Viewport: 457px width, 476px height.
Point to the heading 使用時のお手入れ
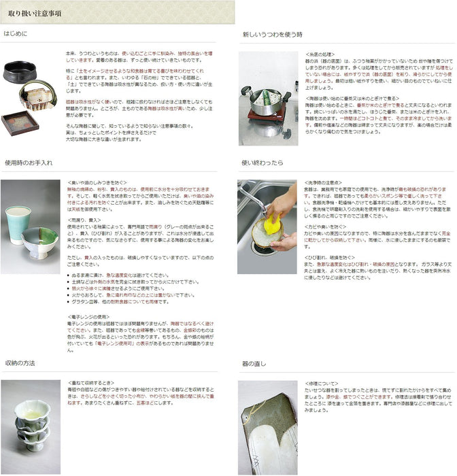[29, 163]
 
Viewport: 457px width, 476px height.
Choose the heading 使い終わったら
[262, 163]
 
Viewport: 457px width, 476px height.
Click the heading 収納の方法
[21, 364]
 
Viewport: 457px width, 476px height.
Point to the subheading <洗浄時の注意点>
[324, 183]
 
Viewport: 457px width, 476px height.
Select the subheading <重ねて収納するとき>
[92, 383]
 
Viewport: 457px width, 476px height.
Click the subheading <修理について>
[318, 383]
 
